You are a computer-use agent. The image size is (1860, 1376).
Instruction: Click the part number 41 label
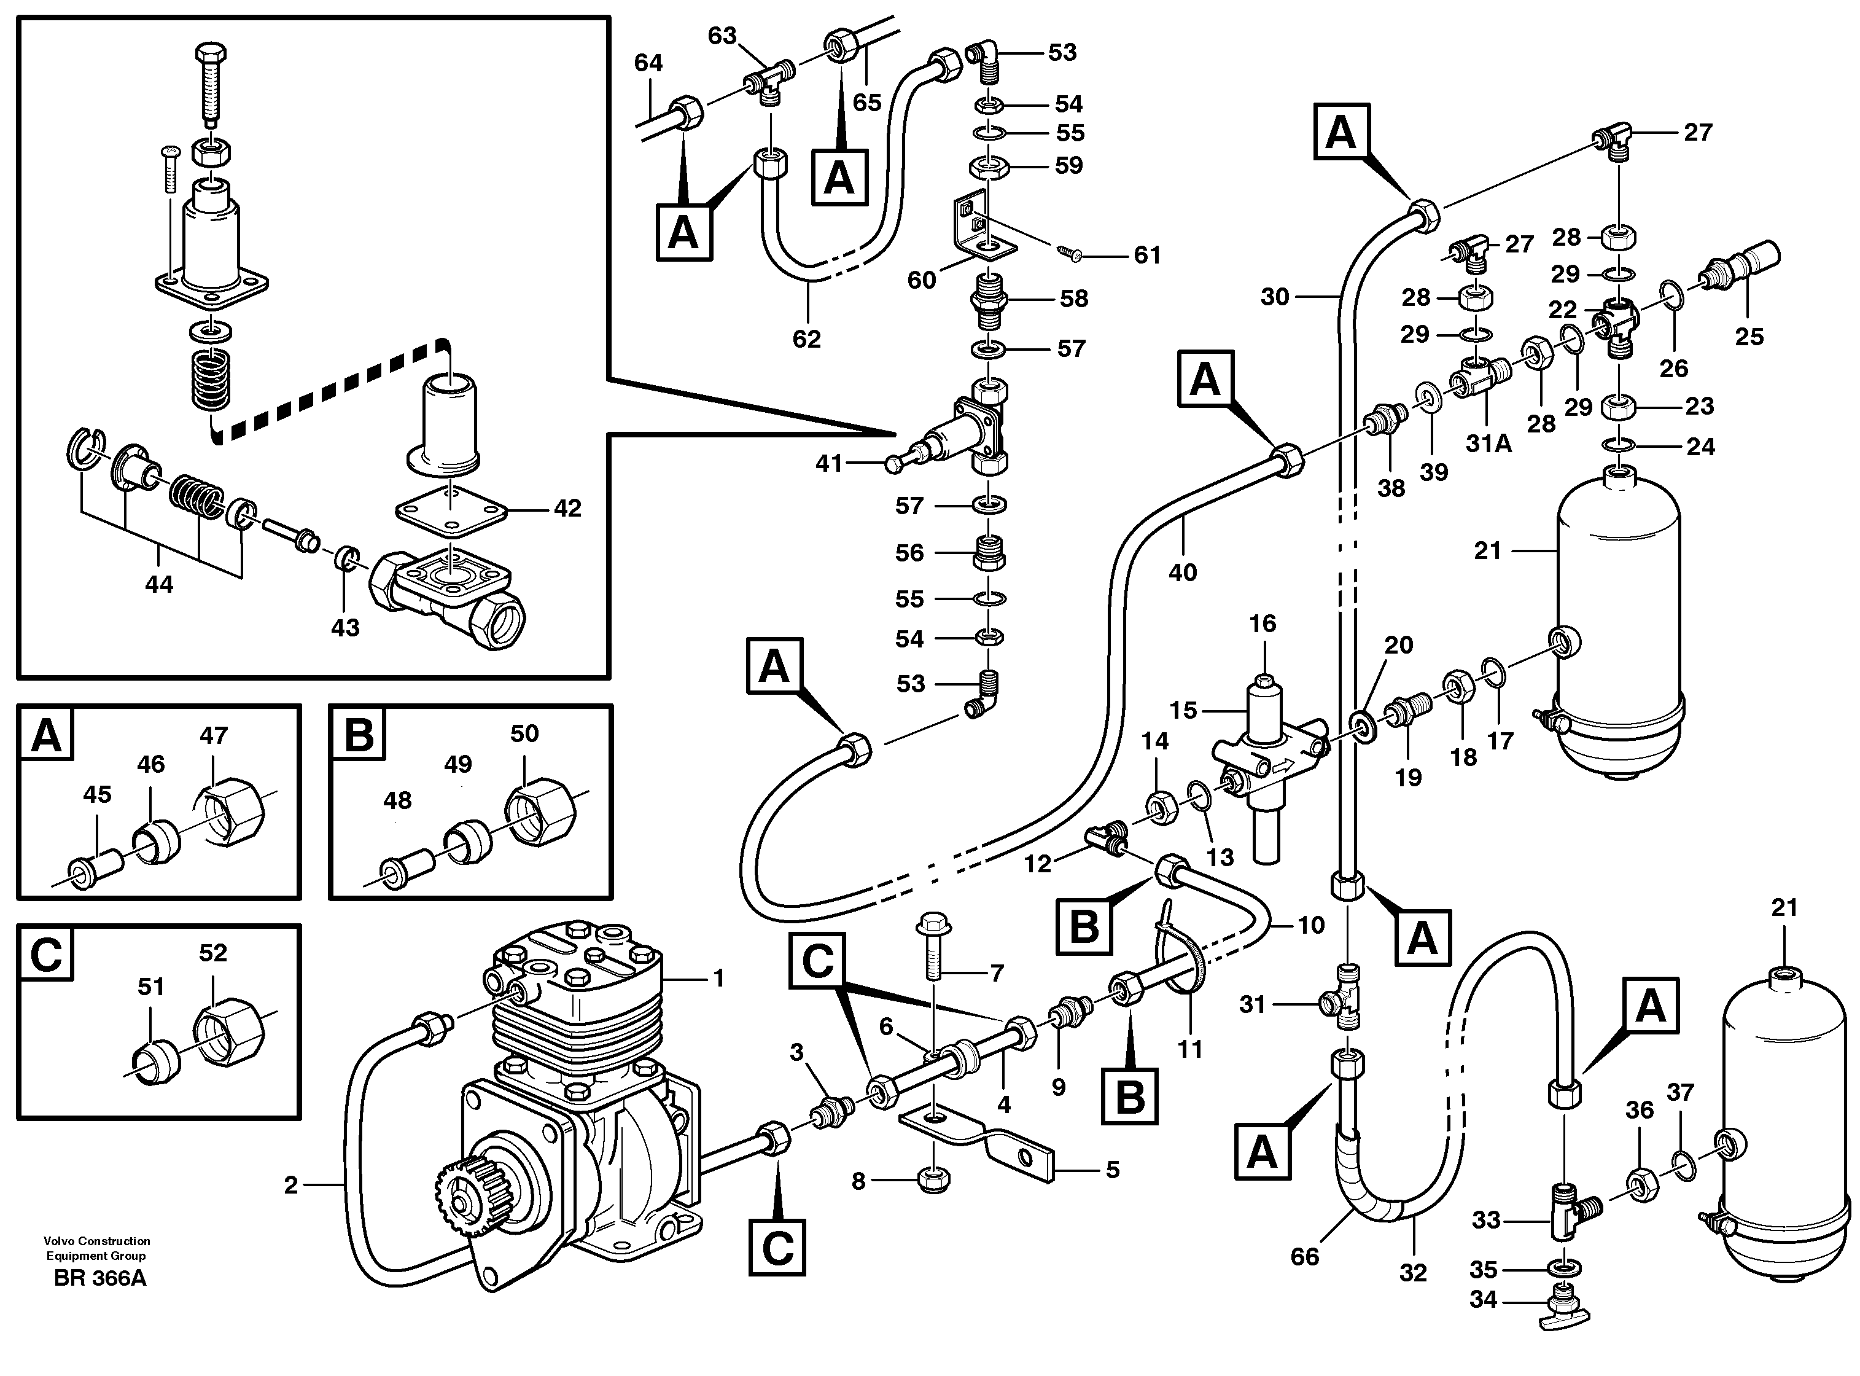coord(828,463)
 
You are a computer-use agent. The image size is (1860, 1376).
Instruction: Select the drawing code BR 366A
coord(99,1278)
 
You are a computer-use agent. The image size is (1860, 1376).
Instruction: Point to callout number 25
coord(1748,337)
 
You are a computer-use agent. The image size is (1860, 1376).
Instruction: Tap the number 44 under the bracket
coord(158,585)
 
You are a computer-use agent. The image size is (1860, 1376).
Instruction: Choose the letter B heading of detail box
coord(359,735)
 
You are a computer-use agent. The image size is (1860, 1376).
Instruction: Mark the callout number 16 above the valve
coord(1262,624)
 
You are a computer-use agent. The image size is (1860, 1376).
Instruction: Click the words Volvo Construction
coord(98,1241)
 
